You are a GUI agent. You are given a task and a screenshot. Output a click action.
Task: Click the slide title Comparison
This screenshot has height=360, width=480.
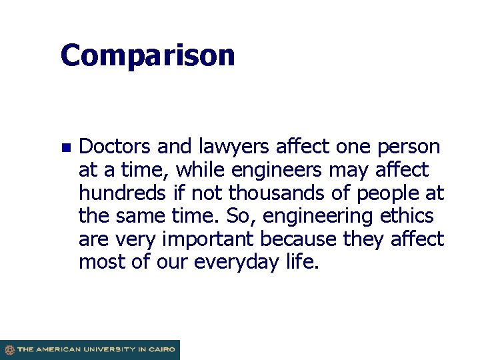(x=147, y=56)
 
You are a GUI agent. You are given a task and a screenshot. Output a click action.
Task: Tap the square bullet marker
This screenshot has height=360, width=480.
(x=65, y=147)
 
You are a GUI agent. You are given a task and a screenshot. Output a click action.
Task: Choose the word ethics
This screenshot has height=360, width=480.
(x=406, y=216)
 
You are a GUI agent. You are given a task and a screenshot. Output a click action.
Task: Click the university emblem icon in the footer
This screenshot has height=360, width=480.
(x=9, y=349)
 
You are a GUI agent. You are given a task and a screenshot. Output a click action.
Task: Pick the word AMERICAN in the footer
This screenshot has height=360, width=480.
(x=58, y=349)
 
